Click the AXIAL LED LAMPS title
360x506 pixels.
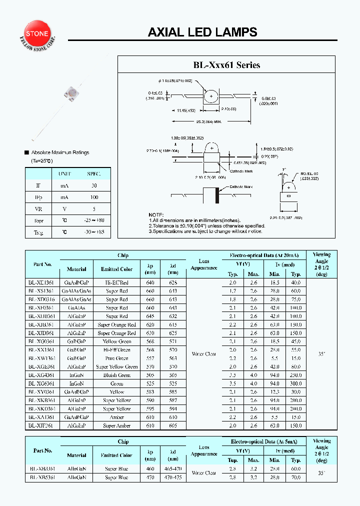click(x=202, y=32)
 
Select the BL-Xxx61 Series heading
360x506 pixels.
click(x=227, y=65)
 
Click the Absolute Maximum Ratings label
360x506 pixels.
click(x=60, y=152)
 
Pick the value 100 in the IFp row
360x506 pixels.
click(x=93, y=197)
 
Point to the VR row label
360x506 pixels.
click(x=38, y=209)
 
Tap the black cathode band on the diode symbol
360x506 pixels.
click(x=217, y=195)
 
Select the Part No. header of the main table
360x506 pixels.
click(x=42, y=264)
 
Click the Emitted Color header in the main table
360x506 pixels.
click(x=116, y=269)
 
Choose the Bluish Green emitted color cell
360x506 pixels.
click(x=116, y=375)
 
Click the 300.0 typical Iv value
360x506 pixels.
click(x=296, y=383)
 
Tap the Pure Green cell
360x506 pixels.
click(x=116, y=358)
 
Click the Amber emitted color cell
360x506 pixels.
click(x=116, y=417)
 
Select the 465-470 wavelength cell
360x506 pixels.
click(x=173, y=469)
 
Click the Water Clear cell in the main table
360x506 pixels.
click(x=204, y=354)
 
